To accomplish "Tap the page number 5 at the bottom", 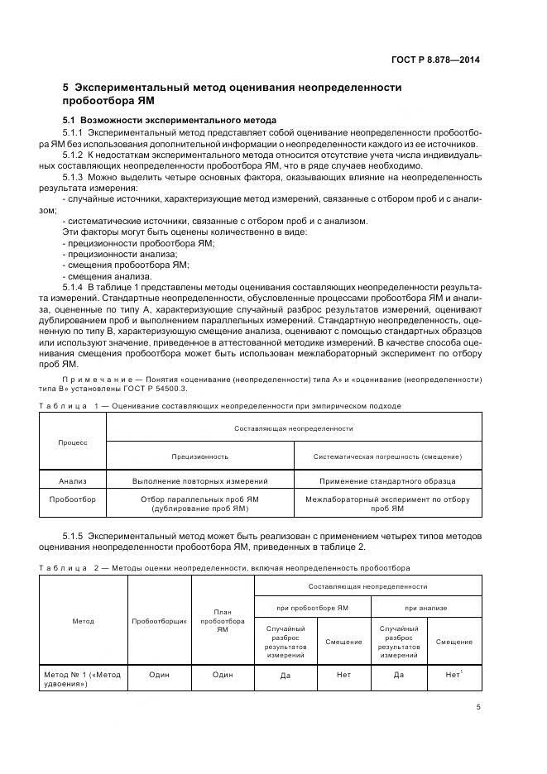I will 478,707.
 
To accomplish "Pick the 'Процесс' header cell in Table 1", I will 72,442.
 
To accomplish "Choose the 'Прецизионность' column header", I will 200,456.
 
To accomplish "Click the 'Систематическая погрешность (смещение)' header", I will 387,456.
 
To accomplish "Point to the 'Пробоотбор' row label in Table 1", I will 73,499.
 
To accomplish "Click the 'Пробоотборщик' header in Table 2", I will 159,620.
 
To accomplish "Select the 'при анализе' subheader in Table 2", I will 425,607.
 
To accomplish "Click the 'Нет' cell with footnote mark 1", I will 453,675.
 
